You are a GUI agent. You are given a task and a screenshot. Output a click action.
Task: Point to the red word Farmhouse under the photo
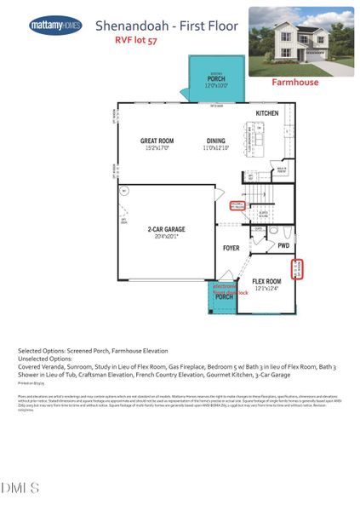tap(294, 83)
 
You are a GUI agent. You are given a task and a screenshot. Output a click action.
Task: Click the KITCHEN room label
tap(267, 113)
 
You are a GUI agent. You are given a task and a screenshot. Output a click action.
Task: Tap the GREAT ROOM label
tap(157, 141)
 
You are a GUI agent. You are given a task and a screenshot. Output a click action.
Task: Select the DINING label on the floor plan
tap(216, 141)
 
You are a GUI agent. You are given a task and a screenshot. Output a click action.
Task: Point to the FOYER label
tap(231, 249)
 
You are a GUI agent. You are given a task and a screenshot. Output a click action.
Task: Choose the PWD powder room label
tap(283, 245)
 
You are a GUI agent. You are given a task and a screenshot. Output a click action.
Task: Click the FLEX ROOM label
tap(266, 280)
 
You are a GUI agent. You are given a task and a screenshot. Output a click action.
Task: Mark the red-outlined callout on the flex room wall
tap(308, 269)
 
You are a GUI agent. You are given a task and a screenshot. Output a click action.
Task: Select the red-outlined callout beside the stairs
tap(237, 206)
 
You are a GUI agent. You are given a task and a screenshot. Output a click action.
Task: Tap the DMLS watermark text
tap(20, 487)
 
